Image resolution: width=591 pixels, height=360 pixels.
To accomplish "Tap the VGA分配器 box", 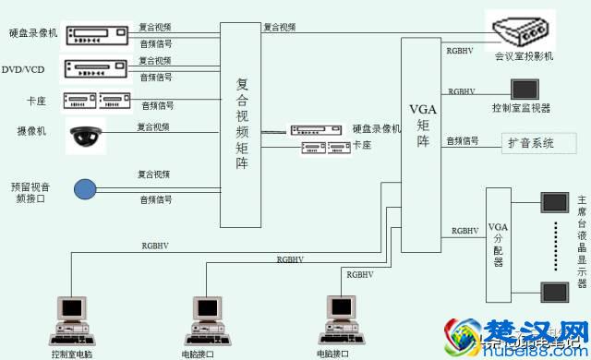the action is [497, 244].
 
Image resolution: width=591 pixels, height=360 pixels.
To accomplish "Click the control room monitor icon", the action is [525, 89].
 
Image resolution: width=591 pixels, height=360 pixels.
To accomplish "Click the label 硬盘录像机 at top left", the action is [33, 33].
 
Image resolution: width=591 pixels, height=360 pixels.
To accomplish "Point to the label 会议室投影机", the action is [524, 56].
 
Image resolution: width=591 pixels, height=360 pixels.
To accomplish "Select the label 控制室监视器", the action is [521, 108].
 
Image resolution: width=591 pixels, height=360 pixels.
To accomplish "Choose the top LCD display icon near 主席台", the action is [555, 202].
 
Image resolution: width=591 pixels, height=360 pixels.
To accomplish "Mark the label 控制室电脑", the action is [72, 354].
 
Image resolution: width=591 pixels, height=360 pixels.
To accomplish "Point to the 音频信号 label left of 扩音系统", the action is [463, 140].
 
